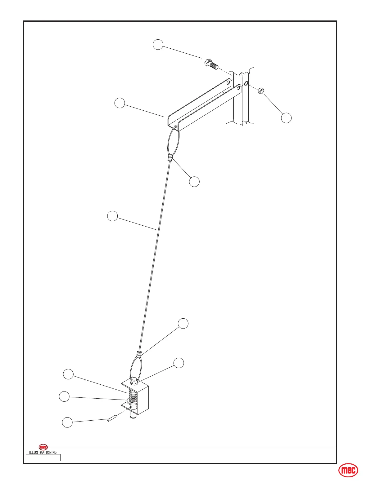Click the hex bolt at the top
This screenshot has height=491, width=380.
210,64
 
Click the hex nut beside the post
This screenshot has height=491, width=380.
261,91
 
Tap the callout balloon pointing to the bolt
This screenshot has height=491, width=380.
158,44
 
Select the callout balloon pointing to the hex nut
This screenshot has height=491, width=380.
286,118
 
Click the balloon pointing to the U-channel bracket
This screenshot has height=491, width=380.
120,103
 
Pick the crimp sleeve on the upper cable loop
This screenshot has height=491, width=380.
170,159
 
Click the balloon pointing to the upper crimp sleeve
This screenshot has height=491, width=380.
194,182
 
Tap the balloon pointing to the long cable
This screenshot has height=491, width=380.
112,216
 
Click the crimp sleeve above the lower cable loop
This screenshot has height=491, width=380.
139,353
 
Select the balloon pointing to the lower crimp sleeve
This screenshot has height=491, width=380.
183,323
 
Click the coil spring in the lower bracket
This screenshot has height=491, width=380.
132,396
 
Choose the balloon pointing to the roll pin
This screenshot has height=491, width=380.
67,422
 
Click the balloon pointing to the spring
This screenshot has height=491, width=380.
68,374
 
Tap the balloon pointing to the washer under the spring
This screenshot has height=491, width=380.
64,397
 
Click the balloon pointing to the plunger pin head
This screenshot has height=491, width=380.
179,363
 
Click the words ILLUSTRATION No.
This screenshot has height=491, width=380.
43,453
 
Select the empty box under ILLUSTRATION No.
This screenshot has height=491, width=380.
43,458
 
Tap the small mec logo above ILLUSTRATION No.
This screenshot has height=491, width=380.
43,447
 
